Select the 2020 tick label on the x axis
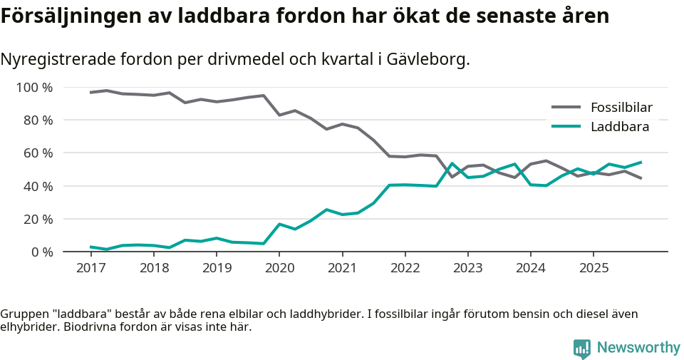(279, 268)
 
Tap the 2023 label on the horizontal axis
(467, 268)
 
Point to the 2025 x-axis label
(594, 268)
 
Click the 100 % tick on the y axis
(35, 88)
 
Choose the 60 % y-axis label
(38, 153)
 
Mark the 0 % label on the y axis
(41, 252)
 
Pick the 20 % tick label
(38, 219)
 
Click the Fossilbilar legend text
(621, 108)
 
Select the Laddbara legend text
(619, 127)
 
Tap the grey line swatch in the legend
(566, 108)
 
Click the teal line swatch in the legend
(566, 127)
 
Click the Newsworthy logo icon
(581, 348)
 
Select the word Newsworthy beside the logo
(638, 348)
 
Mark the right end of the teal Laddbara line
(641, 162)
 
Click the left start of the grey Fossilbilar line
(90, 93)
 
